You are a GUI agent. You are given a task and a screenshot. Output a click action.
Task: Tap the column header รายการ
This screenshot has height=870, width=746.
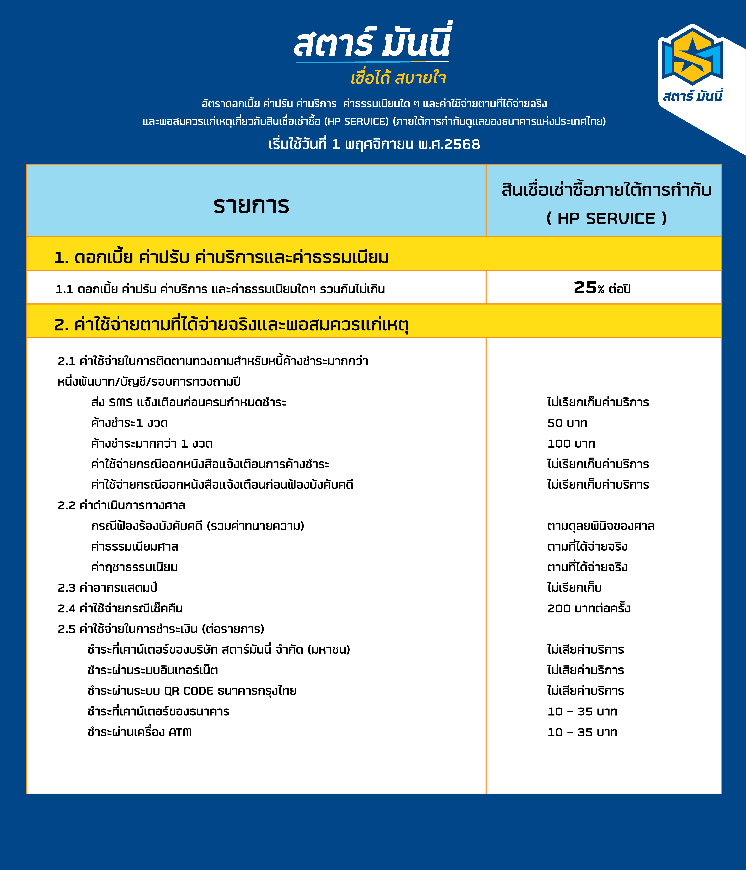click(251, 206)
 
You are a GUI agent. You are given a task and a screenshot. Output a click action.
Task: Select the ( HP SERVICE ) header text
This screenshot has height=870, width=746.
click(606, 218)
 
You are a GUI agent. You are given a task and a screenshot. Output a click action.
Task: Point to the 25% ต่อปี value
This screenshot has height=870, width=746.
click(602, 288)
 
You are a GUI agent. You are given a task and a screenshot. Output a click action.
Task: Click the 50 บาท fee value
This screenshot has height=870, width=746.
click(567, 423)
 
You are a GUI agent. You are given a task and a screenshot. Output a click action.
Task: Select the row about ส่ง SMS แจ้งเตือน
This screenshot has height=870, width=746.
click(189, 402)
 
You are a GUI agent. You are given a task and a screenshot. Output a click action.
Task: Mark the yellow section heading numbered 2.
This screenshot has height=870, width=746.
click(231, 325)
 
